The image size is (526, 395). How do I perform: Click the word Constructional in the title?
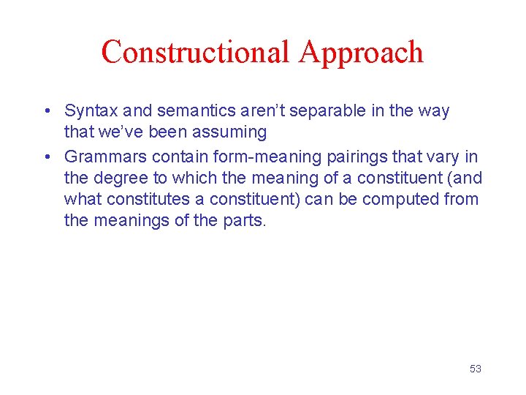coord(195,52)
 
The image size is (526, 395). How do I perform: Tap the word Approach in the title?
coord(361,52)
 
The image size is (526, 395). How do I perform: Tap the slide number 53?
coord(475,369)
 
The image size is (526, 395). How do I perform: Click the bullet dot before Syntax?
coord(46,112)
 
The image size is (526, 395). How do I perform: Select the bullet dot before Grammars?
coord(46,156)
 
